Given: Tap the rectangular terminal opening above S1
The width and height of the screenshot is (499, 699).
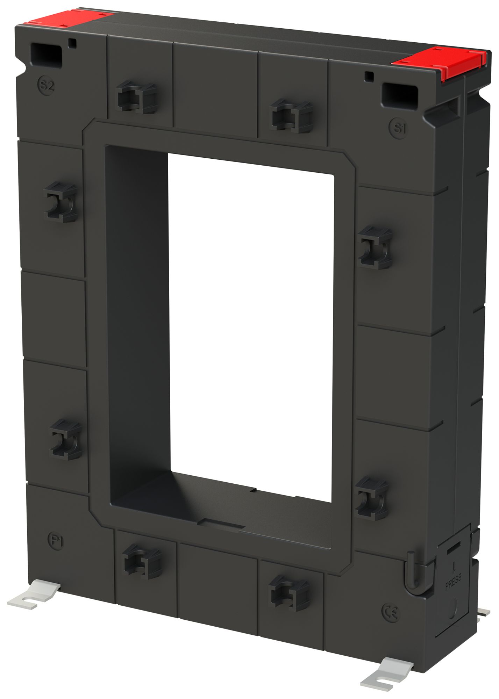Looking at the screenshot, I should click(x=400, y=94).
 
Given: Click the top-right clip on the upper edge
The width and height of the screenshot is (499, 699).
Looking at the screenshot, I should click(x=291, y=116).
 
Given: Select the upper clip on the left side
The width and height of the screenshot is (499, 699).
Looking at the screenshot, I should click(x=61, y=202).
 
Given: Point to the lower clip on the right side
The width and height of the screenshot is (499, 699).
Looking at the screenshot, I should click(x=371, y=498).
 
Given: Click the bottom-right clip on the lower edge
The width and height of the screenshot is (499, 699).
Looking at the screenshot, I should click(x=289, y=593).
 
